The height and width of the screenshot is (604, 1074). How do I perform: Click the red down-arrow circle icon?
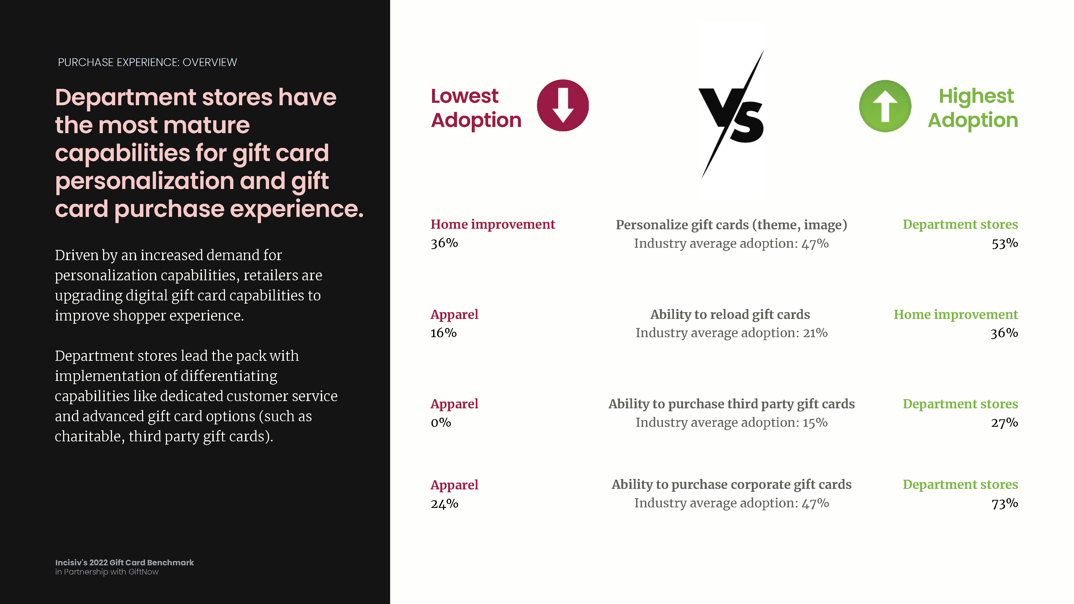(x=563, y=105)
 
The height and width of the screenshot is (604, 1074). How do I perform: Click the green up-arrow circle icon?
(x=885, y=106)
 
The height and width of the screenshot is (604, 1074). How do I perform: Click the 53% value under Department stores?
(x=1005, y=243)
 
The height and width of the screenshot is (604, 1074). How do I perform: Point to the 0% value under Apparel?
(x=441, y=422)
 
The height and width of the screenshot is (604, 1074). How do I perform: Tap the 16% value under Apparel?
(x=444, y=333)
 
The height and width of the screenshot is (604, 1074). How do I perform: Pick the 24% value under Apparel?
(x=444, y=504)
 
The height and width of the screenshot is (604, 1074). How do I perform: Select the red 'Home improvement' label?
(x=493, y=224)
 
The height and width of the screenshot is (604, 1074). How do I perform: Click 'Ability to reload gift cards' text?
(x=730, y=315)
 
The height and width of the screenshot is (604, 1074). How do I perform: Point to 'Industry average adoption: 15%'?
(x=732, y=422)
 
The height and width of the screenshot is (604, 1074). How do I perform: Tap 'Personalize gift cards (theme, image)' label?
(x=732, y=225)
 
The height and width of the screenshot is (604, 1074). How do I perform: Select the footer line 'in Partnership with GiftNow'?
(x=107, y=572)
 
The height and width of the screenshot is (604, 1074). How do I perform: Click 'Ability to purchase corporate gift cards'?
(x=732, y=484)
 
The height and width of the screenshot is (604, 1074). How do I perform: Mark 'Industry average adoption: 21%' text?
(x=732, y=333)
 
